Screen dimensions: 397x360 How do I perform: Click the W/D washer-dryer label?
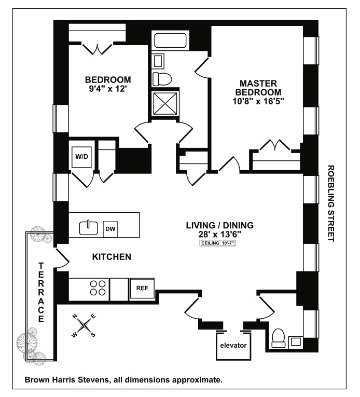[81, 156]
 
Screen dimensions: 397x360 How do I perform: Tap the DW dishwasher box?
[110, 228]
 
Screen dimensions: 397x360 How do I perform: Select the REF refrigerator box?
[143, 288]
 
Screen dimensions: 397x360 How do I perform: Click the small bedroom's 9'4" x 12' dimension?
[108, 89]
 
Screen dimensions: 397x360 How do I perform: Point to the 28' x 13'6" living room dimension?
[219, 234]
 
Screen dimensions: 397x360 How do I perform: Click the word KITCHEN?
[111, 257]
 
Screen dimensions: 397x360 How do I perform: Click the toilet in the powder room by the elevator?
[279, 337]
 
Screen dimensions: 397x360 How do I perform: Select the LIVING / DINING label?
[219, 225]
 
